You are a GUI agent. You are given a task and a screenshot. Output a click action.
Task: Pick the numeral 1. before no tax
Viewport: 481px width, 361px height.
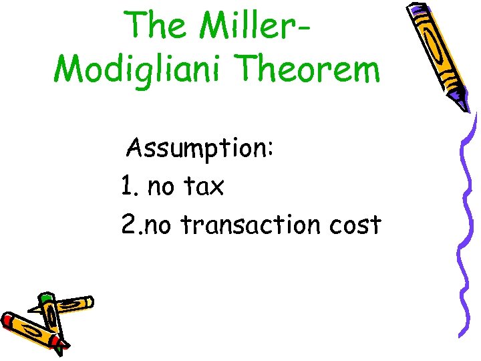(130, 187)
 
